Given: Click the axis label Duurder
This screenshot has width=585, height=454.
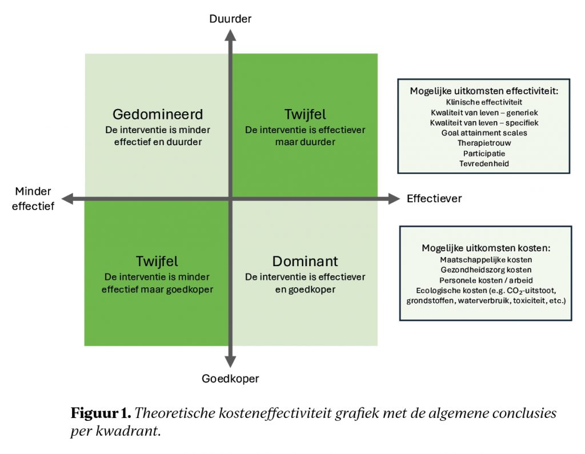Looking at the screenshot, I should (x=230, y=19).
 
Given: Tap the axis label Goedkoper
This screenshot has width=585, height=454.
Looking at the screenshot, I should (x=230, y=378).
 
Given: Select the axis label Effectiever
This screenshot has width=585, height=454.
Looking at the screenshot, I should (x=434, y=199).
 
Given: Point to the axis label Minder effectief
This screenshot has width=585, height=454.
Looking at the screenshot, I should (x=33, y=199).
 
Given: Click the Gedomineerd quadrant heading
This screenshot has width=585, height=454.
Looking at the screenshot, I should (x=158, y=114).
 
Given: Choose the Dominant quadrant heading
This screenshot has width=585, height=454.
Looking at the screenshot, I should (x=305, y=262).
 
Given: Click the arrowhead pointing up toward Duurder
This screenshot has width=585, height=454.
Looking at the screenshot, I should (x=230, y=35).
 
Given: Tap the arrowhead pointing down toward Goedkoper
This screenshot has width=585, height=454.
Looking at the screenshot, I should (x=230, y=361).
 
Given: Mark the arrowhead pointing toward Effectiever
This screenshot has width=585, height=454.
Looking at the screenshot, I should (x=393, y=199).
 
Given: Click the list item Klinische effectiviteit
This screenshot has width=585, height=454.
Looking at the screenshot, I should (x=483, y=102).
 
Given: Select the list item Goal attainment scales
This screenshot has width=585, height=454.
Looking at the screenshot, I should (x=483, y=132).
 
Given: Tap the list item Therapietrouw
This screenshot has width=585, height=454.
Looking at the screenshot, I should (x=483, y=143).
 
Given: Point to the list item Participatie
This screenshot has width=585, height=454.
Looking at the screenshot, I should (x=483, y=153).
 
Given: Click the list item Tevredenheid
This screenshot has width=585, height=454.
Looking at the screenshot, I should (x=483, y=163).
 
